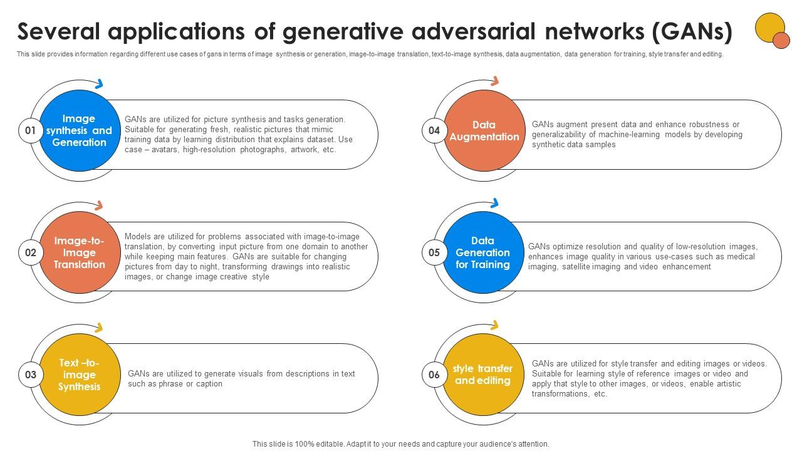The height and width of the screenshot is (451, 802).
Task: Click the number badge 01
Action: click(30, 131)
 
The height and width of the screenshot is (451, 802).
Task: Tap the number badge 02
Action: click(30, 253)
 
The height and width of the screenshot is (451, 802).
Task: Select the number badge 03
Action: click(30, 375)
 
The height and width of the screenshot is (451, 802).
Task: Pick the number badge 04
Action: click(434, 131)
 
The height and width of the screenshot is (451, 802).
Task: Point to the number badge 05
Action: click(434, 253)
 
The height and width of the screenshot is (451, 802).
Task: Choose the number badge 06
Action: click(434, 375)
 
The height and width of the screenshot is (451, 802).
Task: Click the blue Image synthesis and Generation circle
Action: click(79, 131)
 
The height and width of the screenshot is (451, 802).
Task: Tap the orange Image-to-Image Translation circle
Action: click(79, 253)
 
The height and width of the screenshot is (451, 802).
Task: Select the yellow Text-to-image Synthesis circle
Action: click(79, 375)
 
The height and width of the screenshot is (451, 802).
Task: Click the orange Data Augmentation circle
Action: click(483, 131)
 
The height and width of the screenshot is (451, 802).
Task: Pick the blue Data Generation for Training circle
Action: click(483, 253)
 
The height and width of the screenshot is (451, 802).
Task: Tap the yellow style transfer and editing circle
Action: click(483, 375)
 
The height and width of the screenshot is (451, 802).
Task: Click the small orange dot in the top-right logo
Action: click(781, 40)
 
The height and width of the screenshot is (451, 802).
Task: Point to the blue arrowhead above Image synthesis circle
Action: click(98, 83)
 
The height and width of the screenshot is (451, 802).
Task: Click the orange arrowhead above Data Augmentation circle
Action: click(495, 81)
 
